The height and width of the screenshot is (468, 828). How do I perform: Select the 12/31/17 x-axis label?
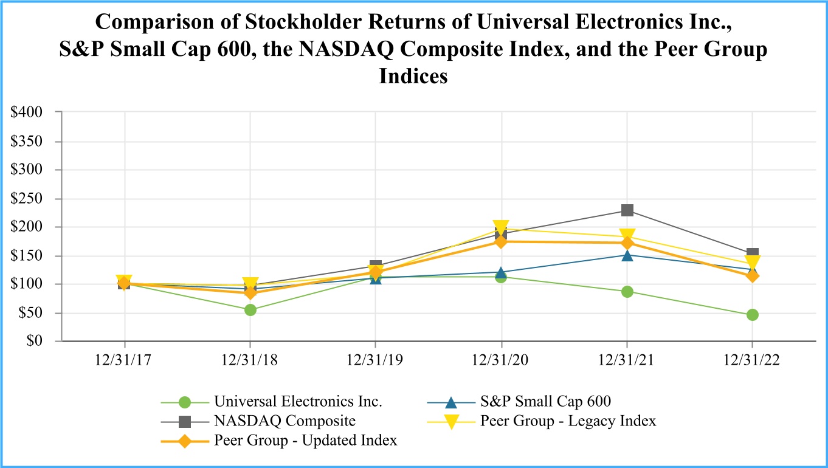coord(125,360)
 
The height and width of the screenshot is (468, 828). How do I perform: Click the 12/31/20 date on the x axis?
coord(501,360)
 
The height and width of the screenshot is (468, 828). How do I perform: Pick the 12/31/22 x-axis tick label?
coord(752,360)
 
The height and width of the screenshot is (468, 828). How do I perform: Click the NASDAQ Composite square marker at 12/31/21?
coord(627,210)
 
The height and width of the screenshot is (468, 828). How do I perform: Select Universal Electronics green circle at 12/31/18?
coord(250,310)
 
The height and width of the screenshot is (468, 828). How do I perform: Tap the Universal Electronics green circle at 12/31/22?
coord(753,315)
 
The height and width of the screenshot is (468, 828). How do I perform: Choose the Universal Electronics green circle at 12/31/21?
coord(627,292)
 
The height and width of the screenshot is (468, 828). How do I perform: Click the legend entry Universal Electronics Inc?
coord(298,401)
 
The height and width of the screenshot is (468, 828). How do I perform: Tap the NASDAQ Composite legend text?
coord(285,421)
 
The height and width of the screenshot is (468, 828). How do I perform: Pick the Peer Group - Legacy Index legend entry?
coord(568,421)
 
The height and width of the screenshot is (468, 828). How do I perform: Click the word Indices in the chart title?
coord(413,77)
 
